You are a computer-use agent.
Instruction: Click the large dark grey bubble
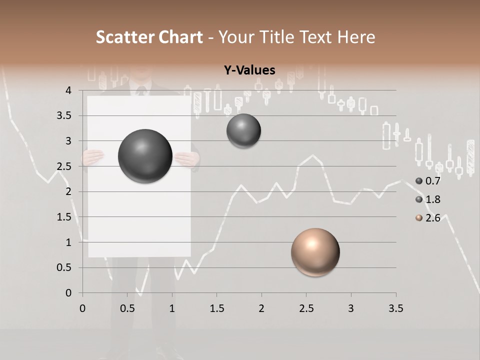tap(145, 156)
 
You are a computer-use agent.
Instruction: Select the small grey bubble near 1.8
tap(243, 131)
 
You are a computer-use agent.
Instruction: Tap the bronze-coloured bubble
tap(315, 252)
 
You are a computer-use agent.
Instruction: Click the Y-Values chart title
tap(249, 70)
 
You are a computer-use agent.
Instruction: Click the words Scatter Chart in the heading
tap(149, 37)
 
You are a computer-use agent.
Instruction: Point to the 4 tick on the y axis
tap(68, 90)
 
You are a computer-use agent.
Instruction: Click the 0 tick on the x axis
tap(82, 308)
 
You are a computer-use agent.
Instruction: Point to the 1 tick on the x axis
tap(172, 308)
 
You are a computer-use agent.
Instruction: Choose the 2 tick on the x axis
tap(261, 308)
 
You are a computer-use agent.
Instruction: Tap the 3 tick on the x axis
tap(351, 308)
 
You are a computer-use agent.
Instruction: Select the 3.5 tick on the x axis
tap(395, 308)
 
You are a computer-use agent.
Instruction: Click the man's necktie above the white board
tap(141, 91)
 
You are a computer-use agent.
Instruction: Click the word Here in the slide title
tap(356, 37)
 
